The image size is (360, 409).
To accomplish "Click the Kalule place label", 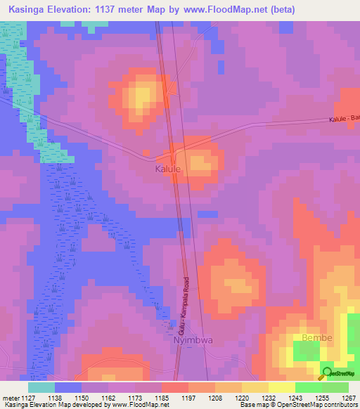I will click(168, 169).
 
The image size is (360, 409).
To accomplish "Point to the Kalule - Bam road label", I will click(344, 119).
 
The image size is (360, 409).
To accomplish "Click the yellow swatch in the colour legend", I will click(281, 387).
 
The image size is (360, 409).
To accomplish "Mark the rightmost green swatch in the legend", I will click(335, 387).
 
